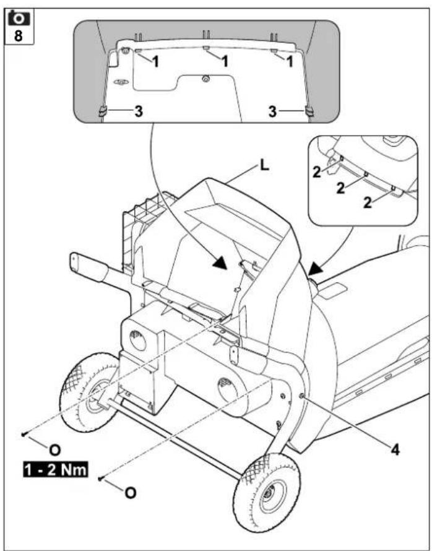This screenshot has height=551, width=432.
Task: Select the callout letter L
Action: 264,167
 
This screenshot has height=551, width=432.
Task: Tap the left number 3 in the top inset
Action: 139,111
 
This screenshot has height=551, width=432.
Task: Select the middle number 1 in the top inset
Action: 225,63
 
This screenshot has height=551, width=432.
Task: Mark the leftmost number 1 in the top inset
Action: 157,63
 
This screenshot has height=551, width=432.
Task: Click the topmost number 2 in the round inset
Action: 318,173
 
